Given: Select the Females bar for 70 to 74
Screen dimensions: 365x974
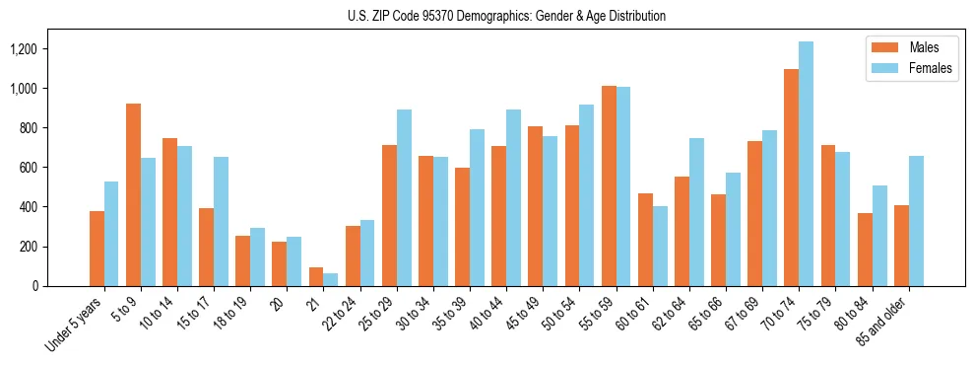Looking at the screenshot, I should [807, 164].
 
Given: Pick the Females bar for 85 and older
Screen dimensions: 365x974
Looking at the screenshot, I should [916, 221].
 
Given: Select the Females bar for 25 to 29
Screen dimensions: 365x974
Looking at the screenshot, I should [404, 197].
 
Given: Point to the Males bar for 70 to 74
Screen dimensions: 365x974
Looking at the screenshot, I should [792, 178].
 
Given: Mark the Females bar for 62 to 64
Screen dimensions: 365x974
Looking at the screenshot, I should [696, 212].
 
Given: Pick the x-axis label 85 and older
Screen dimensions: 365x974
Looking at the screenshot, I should [893, 319].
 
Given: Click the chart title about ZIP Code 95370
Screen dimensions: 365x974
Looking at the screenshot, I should [506, 16].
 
